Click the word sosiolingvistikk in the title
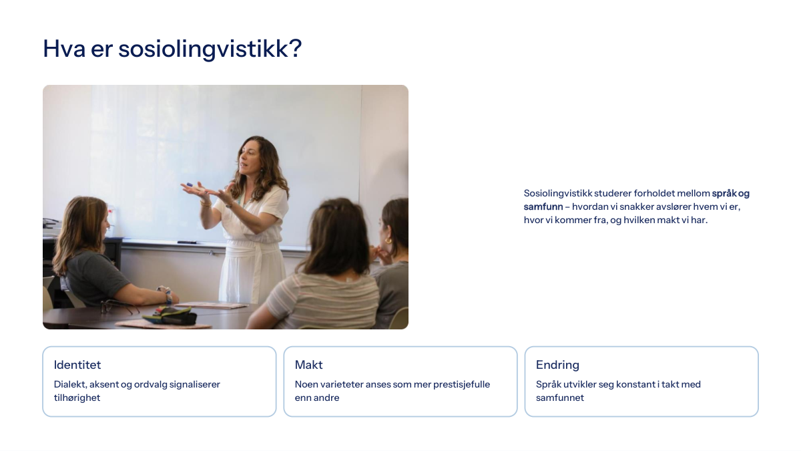210,49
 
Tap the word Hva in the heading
64,48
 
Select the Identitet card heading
77,365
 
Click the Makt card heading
308,365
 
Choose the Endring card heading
557,365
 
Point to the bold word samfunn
543,206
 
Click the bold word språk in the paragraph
724,194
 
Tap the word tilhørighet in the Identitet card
77,398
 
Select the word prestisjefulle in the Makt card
462,384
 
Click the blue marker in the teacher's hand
190,184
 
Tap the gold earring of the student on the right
388,241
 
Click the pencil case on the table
171,315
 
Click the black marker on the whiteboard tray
187,243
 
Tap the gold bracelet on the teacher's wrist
206,203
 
